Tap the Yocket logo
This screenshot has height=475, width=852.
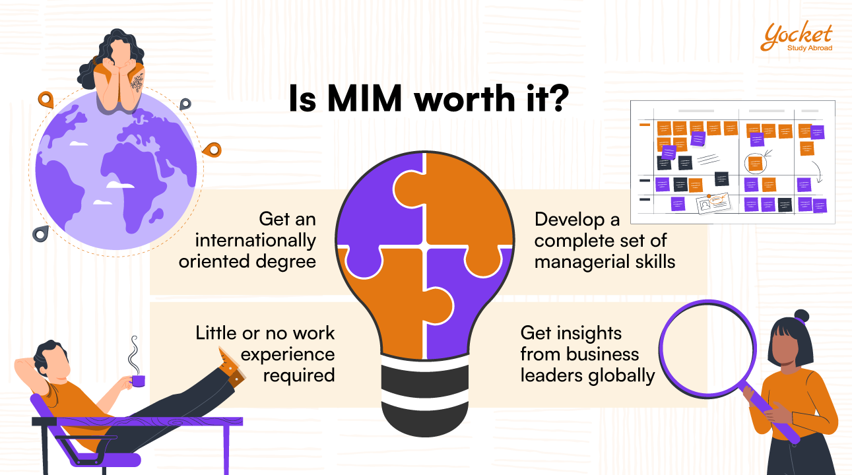point(796,37)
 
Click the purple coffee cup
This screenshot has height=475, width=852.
point(137,380)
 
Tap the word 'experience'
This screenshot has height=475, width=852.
point(288,354)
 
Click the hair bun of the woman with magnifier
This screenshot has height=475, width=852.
point(801,315)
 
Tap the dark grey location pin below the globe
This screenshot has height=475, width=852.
point(41,233)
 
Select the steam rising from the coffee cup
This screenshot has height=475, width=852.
point(134,355)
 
